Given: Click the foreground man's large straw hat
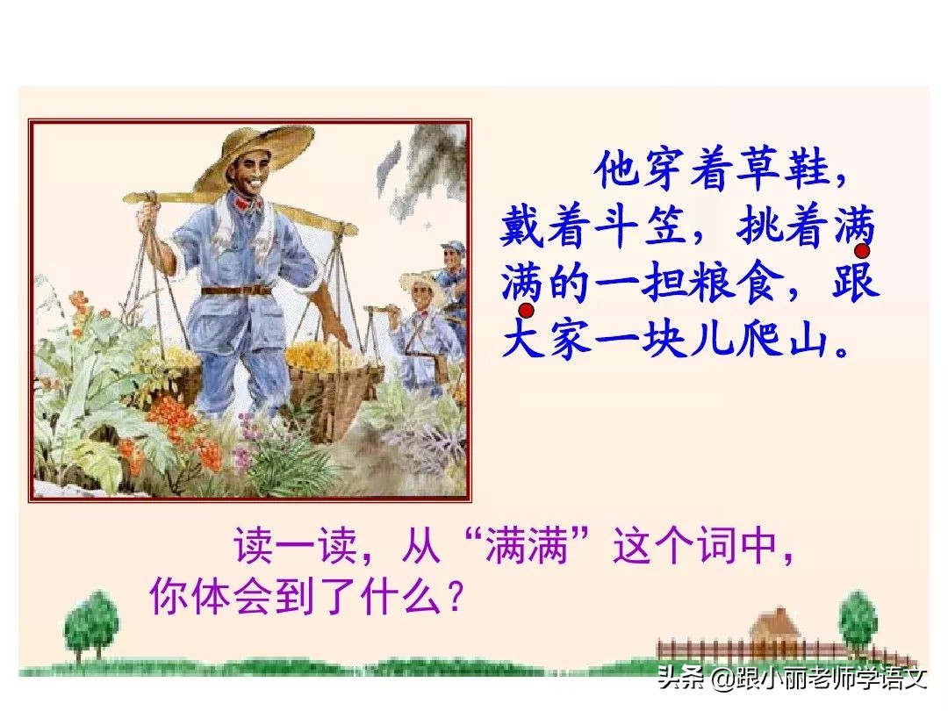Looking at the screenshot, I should [254, 154].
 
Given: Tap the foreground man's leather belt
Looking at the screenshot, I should [237, 290].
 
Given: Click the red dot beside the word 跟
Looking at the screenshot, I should [862, 227].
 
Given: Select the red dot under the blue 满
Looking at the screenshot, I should [527, 311].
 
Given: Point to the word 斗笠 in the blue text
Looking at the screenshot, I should [637, 229].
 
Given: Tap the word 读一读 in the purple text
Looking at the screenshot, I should [293, 549].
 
